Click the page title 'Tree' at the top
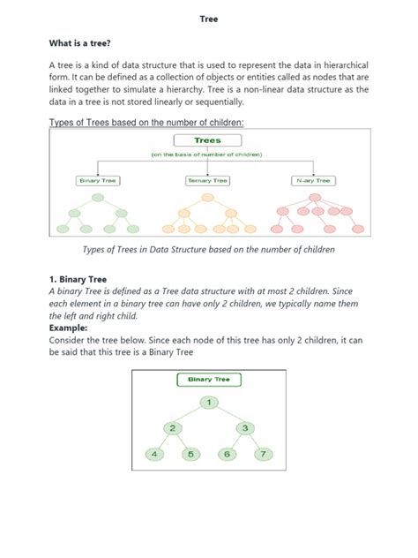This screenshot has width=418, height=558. tap(208, 18)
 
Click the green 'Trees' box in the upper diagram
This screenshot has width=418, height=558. tap(207, 139)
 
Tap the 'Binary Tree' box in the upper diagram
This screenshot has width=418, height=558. tap(98, 180)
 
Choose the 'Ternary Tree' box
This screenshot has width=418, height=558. tap(207, 180)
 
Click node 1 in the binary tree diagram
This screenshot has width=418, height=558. tap(209, 403)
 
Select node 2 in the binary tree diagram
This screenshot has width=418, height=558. tap(174, 428)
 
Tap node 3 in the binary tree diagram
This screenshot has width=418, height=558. tap(244, 428)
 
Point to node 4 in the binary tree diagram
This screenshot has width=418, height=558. tap(156, 455)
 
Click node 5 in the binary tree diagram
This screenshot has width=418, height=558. tap(190, 455)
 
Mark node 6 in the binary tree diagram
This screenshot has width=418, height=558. tap(227, 455)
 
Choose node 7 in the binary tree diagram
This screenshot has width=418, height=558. tap(262, 455)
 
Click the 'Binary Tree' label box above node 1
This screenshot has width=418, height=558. tap(209, 380)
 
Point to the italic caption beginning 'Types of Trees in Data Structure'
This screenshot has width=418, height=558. tap(208, 250)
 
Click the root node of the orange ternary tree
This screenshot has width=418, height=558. tap(207, 199)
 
